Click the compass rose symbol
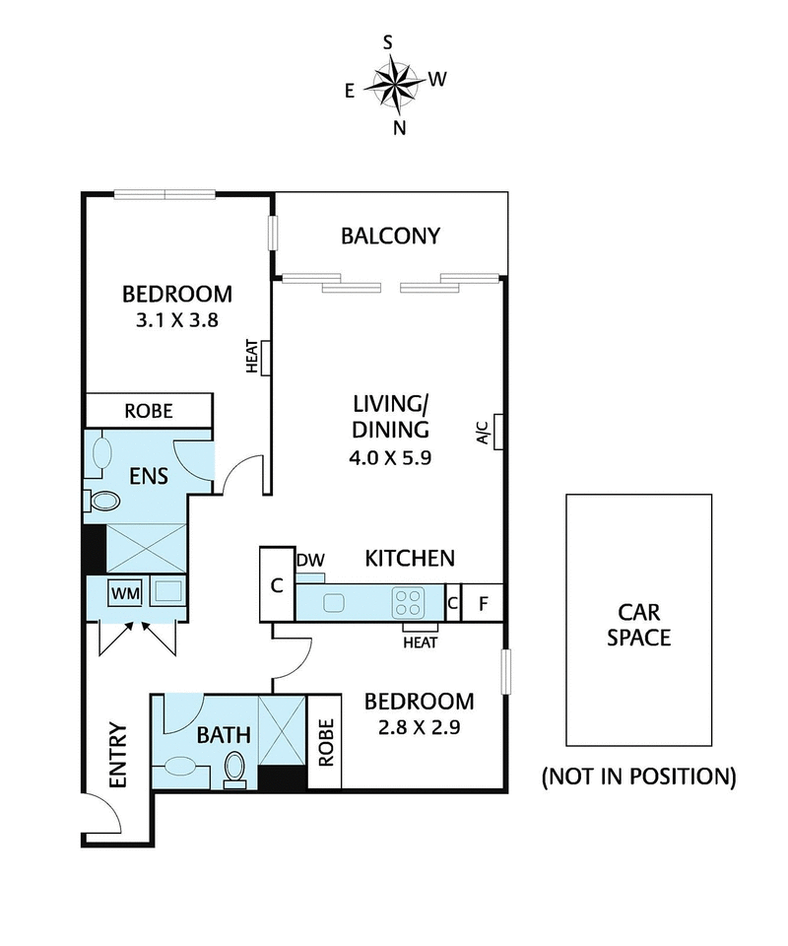point(393,84)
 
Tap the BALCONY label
point(390,236)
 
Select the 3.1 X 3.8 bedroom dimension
point(177,319)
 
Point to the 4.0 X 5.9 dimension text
point(392,457)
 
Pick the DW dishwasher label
point(310,560)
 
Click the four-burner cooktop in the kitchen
point(408,600)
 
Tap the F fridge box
point(483,602)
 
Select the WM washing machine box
point(124,593)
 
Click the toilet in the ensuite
point(101,501)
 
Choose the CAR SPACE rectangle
point(638,619)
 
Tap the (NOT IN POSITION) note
point(638,777)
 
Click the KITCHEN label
point(410,559)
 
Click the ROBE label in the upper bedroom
point(149,409)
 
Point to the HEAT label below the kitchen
point(420,642)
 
